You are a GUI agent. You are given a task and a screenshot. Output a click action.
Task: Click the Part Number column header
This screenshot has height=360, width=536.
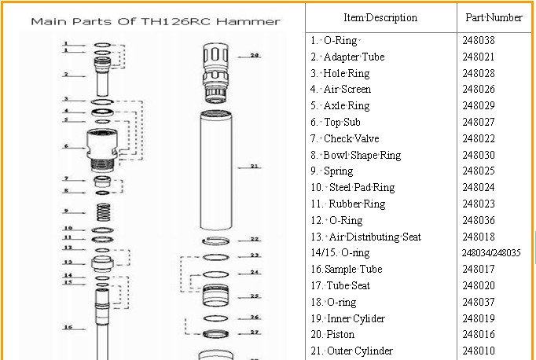pyautogui.click(x=494, y=17)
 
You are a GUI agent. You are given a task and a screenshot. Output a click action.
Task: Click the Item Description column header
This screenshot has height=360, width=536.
pyautogui.click(x=380, y=17)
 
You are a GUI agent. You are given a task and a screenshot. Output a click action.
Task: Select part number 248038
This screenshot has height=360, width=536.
pyautogui.click(x=479, y=40)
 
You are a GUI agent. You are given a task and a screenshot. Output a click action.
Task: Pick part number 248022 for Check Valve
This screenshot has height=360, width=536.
pyautogui.click(x=479, y=138)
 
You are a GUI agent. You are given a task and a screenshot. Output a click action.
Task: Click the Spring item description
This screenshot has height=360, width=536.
pyautogui.click(x=338, y=171)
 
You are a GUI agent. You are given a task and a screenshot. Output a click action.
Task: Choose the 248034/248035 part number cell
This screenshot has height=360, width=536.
pyautogui.click(x=491, y=253)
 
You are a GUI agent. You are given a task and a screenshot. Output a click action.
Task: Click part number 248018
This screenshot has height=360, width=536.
pyautogui.click(x=479, y=237)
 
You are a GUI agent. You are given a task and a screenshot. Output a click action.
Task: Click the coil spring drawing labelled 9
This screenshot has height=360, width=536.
pyautogui.click(x=101, y=211)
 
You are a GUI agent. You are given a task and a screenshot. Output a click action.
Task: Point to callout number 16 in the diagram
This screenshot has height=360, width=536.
pyautogui.click(x=68, y=327)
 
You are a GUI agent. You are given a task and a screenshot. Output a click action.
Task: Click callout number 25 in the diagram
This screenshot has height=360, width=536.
pyautogui.click(x=254, y=296)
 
